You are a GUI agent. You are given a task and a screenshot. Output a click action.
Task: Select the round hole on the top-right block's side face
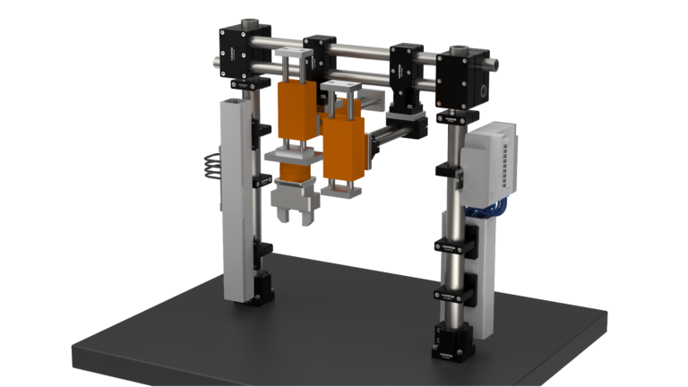click(x=482, y=91)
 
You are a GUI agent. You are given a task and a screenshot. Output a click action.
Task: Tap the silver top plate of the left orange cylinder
click(x=294, y=56)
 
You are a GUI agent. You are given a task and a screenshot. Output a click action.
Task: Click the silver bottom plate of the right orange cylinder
click(x=342, y=190)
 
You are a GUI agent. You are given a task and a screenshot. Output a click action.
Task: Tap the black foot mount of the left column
click(x=257, y=292)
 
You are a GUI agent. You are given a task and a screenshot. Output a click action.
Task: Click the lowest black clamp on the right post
click(x=452, y=292)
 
